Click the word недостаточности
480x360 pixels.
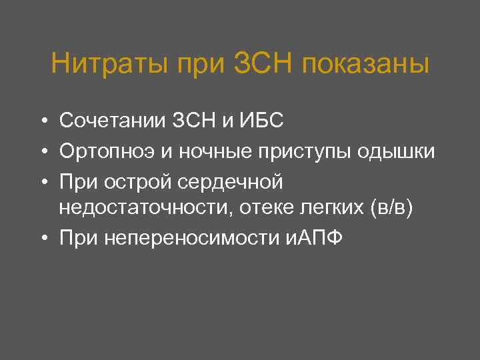pyautogui.click(x=143, y=209)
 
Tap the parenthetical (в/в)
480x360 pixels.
pyautogui.click(x=391, y=209)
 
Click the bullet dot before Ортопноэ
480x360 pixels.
pyautogui.click(x=42, y=153)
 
